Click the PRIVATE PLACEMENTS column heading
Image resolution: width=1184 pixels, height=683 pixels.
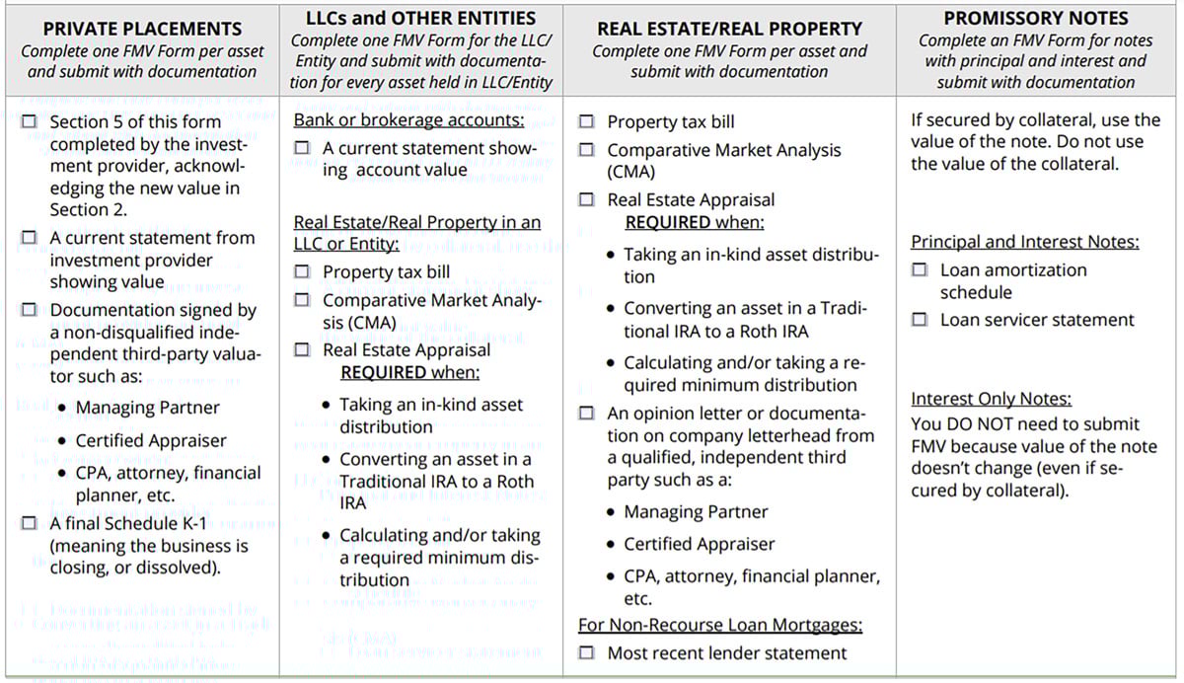(143, 29)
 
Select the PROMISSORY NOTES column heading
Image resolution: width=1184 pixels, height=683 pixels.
(1036, 18)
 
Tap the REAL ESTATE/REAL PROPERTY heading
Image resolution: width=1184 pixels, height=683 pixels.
(730, 29)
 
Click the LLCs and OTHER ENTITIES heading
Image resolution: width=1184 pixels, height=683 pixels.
(421, 18)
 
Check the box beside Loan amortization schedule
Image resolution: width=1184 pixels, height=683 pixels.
(920, 269)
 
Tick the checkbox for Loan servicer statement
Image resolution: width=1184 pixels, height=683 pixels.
(920, 320)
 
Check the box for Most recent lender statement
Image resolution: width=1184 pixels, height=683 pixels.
(587, 652)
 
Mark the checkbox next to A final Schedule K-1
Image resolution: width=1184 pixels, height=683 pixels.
(30, 523)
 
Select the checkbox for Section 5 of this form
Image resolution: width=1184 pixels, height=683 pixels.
(30, 122)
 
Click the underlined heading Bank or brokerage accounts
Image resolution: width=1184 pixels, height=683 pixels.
(408, 119)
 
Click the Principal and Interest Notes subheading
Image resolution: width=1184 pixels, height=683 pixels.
(1024, 242)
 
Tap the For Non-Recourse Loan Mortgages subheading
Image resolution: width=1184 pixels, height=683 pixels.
(720, 625)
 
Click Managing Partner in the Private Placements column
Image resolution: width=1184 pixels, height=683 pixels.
(148, 408)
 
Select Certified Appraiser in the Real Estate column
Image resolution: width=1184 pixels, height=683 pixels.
(700, 544)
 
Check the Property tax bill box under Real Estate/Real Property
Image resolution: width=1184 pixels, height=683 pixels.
(587, 122)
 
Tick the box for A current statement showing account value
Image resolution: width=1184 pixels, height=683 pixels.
(303, 148)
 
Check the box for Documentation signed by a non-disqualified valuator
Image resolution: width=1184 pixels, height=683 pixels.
(30, 310)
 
